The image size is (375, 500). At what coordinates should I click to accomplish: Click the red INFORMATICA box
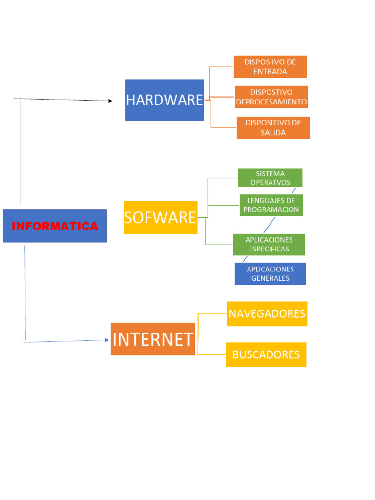[55, 226]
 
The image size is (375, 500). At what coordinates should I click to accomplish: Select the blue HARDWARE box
[165, 100]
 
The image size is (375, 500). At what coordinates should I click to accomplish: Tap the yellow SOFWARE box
[160, 218]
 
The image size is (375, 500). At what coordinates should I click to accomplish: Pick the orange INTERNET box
[153, 339]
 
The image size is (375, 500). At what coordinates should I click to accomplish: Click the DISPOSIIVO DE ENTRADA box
[270, 66]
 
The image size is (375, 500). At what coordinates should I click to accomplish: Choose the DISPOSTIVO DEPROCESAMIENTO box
[271, 97]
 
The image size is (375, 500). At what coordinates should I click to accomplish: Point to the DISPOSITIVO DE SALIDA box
[273, 127]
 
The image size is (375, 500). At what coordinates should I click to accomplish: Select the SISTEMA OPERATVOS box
[270, 178]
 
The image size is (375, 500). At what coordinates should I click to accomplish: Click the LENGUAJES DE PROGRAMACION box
[271, 205]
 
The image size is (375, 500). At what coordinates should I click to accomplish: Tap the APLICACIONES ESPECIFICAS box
[269, 244]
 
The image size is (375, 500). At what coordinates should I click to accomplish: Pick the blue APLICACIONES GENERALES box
[270, 273]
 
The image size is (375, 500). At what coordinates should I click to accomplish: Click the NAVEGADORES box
[267, 313]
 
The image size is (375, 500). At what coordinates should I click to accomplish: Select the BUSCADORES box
[266, 354]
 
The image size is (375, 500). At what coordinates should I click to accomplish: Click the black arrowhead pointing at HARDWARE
[110, 101]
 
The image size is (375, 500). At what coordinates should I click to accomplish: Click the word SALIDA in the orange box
[273, 133]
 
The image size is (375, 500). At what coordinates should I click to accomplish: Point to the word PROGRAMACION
[271, 209]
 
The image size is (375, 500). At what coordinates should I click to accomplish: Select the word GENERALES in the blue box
[270, 278]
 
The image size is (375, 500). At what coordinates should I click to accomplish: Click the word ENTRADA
[270, 71]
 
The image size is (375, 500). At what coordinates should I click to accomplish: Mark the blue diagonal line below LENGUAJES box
[269, 225]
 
